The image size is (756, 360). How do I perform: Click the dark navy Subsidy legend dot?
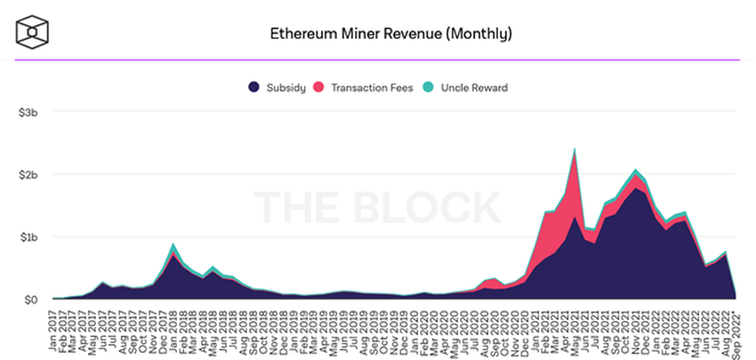click(253, 87)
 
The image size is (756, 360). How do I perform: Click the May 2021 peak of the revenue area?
click(575, 149)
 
